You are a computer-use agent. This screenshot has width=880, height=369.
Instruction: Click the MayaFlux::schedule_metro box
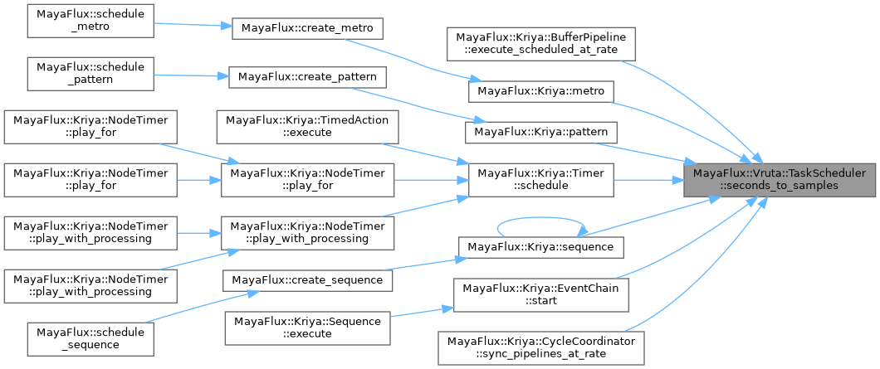[90, 21]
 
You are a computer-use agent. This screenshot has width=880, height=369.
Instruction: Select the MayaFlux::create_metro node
[307, 27]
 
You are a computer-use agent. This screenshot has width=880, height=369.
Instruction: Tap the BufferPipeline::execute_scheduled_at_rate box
[541, 45]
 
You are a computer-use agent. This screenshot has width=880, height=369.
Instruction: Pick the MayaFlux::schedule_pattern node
[90, 72]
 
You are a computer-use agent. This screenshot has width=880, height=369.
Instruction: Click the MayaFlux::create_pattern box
[307, 76]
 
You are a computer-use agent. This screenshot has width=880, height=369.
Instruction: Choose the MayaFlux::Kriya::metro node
[541, 89]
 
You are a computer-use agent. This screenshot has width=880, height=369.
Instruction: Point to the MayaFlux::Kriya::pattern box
[541, 131]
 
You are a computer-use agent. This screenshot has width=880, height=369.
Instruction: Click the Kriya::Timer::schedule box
[541, 179]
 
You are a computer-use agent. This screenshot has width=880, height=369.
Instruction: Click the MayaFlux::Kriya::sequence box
[541, 247]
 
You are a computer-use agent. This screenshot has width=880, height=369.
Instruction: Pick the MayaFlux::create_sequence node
[307, 279]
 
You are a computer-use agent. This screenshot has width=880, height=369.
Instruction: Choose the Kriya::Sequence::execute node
[307, 326]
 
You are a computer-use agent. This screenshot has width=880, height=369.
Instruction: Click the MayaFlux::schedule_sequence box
[90, 337]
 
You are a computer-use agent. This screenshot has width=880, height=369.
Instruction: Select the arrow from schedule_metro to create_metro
[192, 24]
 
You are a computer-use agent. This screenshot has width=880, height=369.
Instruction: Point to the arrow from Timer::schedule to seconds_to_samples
[648, 179]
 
